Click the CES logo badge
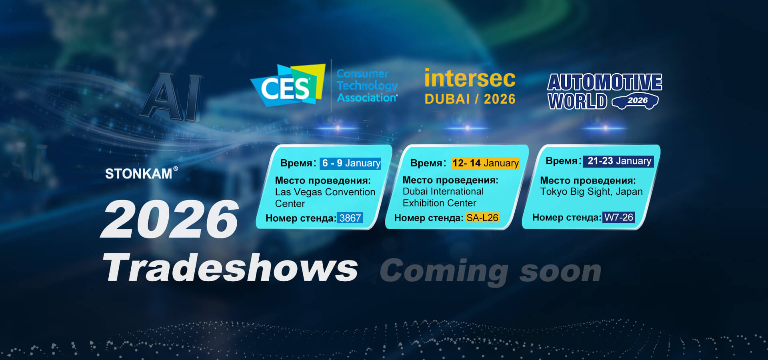(x=288, y=85)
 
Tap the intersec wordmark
(x=470, y=78)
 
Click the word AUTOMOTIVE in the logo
(x=605, y=82)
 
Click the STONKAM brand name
(x=139, y=174)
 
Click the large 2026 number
(x=170, y=219)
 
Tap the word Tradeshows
(x=230, y=268)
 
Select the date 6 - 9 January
(x=351, y=163)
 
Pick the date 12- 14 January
(x=486, y=163)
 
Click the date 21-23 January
(x=619, y=161)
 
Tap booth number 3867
(x=350, y=218)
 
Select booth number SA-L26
(x=482, y=218)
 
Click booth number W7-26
(x=619, y=217)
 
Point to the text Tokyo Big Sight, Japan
(x=591, y=192)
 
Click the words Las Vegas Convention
(x=325, y=192)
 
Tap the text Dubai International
(x=443, y=192)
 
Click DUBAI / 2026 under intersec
(x=470, y=99)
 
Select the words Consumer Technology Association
(x=367, y=86)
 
